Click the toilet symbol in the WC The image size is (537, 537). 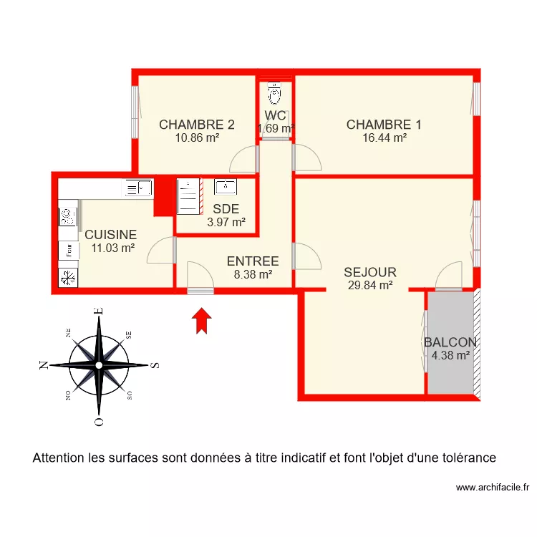[x=274, y=93]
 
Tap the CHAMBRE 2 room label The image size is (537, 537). [x=197, y=125]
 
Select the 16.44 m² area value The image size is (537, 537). [x=384, y=137]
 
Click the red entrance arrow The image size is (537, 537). [x=202, y=321]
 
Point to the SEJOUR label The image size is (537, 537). [x=370, y=272]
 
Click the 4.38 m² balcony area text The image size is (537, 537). [x=450, y=355]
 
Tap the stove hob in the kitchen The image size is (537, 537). [x=68, y=217]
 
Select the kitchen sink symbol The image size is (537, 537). [x=138, y=188]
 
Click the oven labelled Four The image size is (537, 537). [x=69, y=251]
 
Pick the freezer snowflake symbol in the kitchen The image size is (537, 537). [x=68, y=277]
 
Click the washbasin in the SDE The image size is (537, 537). [x=226, y=187]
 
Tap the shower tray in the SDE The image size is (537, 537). [x=188, y=196]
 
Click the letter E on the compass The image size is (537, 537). [x=99, y=311]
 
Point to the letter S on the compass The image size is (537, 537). [x=155, y=365]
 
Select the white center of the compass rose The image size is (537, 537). [x=99, y=365]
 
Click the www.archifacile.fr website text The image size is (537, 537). [x=493, y=487]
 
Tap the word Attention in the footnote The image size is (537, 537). [x=58, y=458]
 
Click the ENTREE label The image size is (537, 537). [x=253, y=261]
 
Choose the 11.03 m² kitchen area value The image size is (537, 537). [x=113, y=248]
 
